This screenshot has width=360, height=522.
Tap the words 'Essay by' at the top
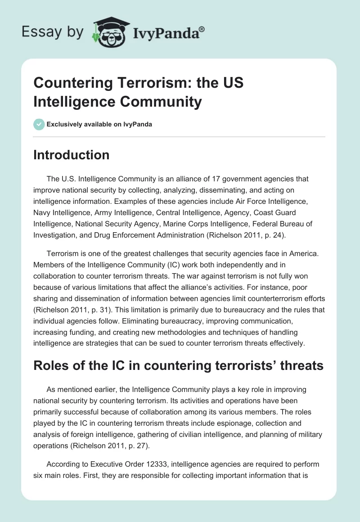point(53,32)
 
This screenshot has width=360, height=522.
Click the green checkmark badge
point(39,124)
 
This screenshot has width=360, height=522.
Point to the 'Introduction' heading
point(72,155)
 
